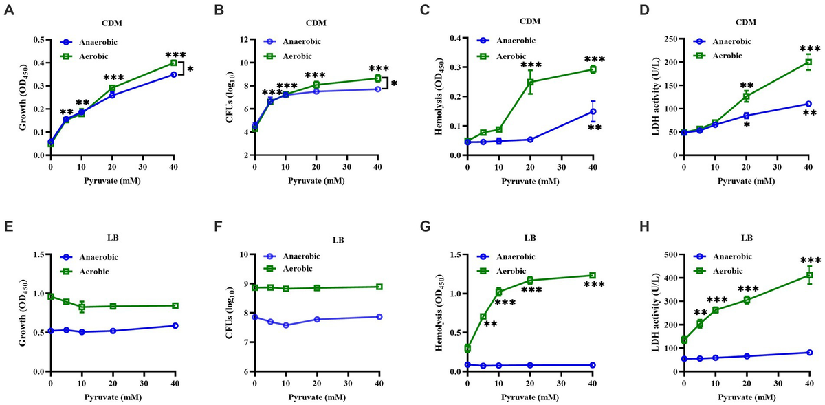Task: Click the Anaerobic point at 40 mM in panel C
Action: (x=593, y=111)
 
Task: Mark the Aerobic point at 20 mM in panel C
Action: (x=530, y=82)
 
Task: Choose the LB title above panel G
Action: (x=529, y=239)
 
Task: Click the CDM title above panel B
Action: (x=316, y=23)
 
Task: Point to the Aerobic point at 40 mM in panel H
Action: (x=809, y=276)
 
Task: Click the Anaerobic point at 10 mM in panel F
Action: (x=285, y=325)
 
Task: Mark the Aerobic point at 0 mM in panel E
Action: (x=50, y=296)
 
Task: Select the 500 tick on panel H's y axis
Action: (x=666, y=254)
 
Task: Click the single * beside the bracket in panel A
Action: (x=190, y=69)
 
